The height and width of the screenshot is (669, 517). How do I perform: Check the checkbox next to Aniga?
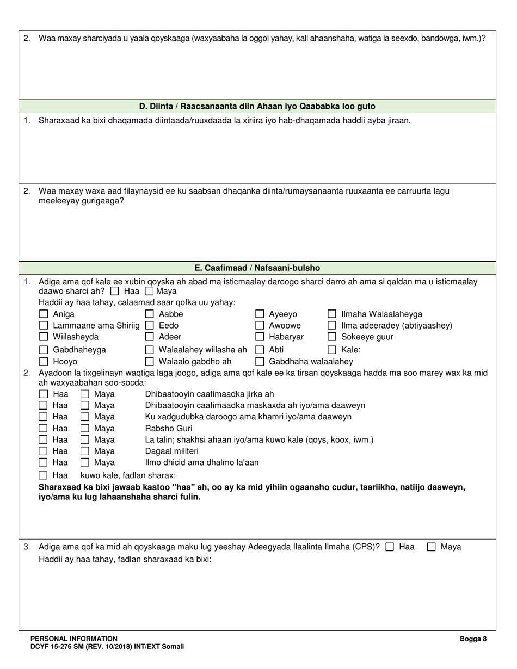point(44,314)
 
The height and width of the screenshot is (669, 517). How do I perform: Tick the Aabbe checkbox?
point(150,314)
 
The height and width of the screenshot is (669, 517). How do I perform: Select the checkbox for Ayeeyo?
point(260,314)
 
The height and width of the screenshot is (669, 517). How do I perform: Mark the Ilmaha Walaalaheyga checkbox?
point(332,314)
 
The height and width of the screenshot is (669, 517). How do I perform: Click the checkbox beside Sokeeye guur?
point(332,337)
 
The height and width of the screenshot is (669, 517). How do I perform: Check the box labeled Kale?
point(332,350)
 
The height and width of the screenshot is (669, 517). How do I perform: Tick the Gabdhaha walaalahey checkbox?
point(260,361)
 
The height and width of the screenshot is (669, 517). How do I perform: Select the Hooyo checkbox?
point(44,361)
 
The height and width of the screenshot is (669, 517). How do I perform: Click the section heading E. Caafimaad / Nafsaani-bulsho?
point(257,268)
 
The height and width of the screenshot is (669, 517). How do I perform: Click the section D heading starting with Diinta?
point(257,106)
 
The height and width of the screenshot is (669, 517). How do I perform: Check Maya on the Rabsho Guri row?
point(85,428)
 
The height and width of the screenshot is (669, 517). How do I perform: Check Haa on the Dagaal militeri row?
point(44,451)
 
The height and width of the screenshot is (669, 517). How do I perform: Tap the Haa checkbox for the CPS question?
point(390,547)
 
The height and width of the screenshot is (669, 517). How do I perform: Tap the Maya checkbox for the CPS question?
point(432,547)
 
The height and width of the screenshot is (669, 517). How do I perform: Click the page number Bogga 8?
point(473,639)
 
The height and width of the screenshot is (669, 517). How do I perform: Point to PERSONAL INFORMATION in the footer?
point(74,639)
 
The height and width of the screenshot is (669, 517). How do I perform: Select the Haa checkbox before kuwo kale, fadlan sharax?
point(44,475)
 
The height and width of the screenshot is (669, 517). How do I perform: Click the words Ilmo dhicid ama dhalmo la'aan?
point(202,462)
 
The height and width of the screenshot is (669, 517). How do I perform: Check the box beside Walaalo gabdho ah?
point(150,361)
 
